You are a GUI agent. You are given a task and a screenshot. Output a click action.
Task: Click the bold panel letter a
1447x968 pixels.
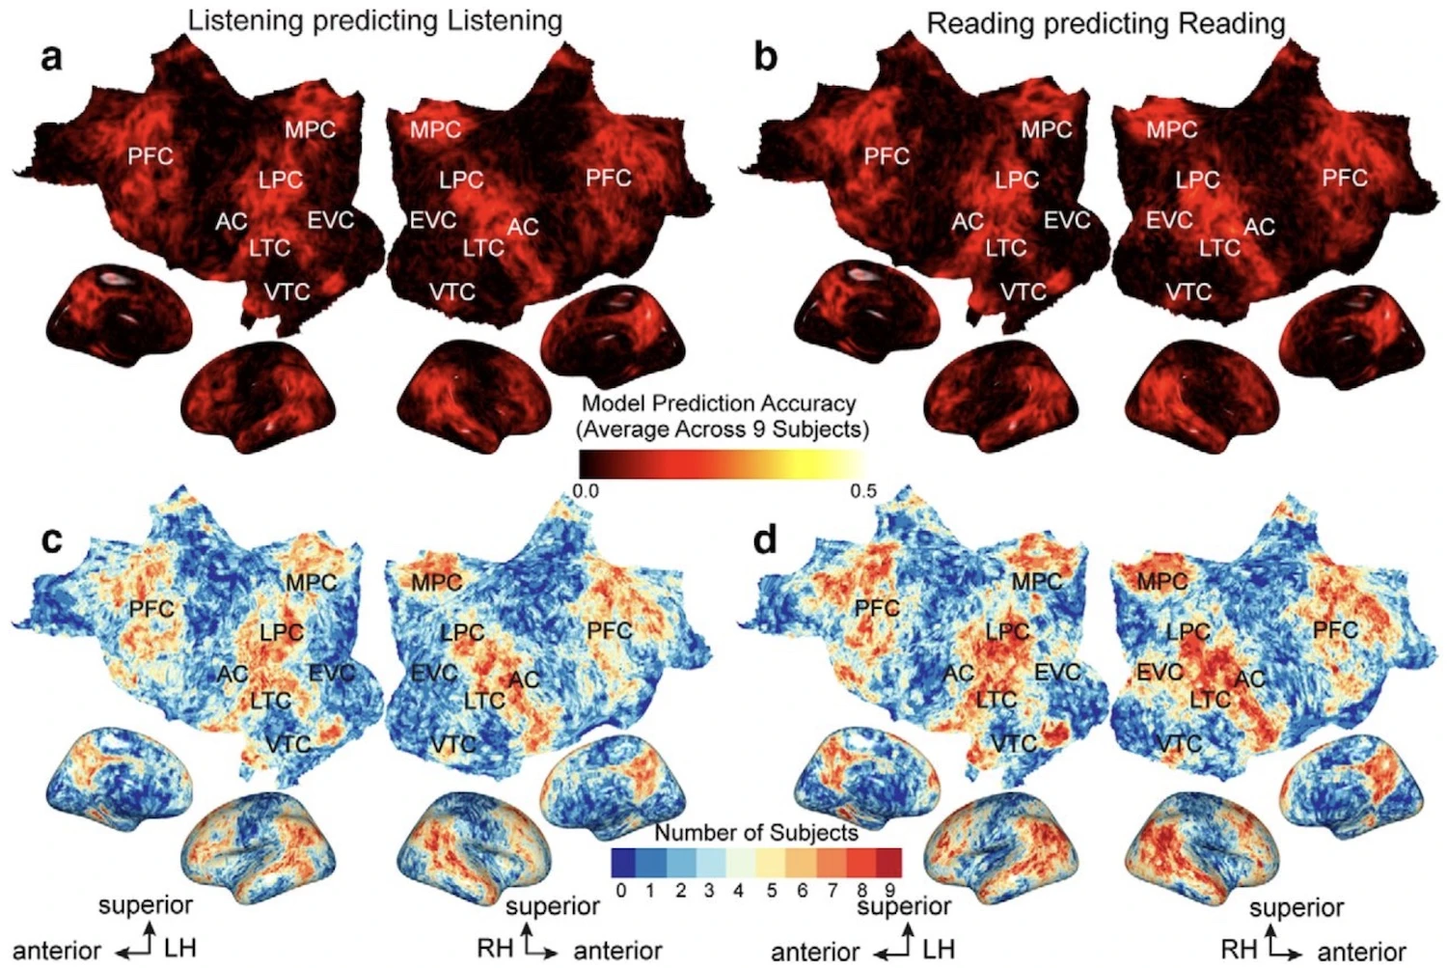[51, 58]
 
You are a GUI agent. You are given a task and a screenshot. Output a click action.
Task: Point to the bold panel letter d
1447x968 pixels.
[765, 540]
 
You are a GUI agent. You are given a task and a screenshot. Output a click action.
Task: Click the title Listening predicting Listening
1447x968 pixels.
[374, 20]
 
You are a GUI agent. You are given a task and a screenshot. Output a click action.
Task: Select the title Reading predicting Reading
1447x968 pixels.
[1106, 22]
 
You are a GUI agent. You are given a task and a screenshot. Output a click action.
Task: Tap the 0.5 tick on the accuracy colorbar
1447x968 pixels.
[863, 490]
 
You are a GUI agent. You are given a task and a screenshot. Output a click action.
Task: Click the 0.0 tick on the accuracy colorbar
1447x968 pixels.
[586, 490]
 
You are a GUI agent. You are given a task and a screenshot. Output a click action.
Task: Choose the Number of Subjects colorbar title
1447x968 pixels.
[756, 832]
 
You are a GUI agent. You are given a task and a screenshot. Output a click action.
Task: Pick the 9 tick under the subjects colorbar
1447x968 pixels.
[891, 890]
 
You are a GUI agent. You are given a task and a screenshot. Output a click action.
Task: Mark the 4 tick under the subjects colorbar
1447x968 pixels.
[739, 890]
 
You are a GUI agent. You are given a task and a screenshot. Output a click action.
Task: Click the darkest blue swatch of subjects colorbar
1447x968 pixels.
[624, 862]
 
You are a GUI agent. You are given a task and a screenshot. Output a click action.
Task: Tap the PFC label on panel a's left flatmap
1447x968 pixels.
[150, 155]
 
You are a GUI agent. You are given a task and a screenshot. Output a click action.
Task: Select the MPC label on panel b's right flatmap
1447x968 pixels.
[1172, 129]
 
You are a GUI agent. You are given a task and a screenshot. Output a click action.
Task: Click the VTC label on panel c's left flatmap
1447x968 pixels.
[287, 744]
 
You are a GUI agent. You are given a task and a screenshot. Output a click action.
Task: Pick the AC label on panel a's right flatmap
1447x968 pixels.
[523, 227]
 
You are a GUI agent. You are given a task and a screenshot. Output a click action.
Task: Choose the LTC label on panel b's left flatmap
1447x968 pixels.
[1005, 248]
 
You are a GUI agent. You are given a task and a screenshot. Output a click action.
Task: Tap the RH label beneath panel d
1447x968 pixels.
[1239, 949]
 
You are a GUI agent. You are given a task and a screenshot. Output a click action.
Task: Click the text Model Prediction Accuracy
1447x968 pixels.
[719, 403]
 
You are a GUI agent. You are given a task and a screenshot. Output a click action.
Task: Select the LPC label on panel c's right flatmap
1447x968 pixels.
[462, 633]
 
